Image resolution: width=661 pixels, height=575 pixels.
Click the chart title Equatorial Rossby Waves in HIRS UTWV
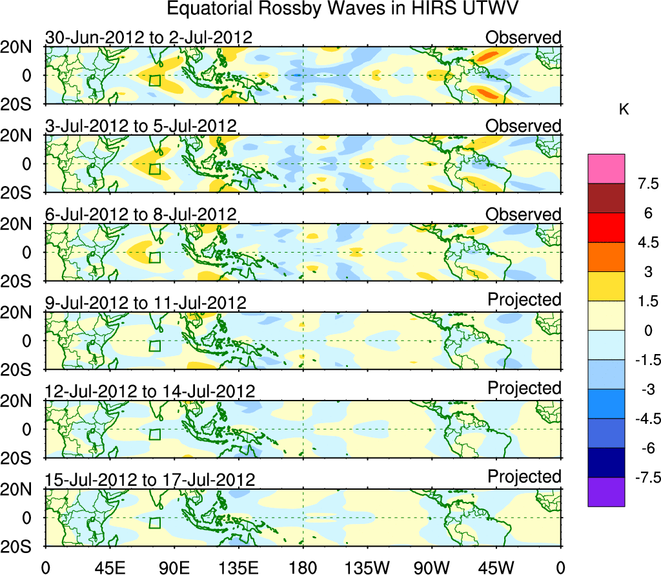click(x=343, y=9)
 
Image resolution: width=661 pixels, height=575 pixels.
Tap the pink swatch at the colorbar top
click(x=606, y=169)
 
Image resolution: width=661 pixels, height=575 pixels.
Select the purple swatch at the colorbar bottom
click(x=606, y=492)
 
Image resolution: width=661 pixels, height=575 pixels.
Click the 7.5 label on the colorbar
click(x=643, y=184)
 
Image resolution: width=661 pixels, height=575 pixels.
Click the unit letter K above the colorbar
click(x=624, y=110)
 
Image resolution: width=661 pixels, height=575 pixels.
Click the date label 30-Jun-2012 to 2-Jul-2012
click(x=148, y=37)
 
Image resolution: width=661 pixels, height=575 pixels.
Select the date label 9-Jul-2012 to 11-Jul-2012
click(x=145, y=302)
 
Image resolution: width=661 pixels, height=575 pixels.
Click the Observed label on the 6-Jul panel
click(x=524, y=214)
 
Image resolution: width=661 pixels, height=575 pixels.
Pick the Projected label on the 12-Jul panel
click(x=524, y=388)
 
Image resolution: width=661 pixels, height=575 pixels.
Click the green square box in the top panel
click(x=154, y=80)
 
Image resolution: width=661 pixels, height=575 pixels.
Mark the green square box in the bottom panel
click(x=154, y=523)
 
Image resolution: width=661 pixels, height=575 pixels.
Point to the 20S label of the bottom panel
click(x=23, y=547)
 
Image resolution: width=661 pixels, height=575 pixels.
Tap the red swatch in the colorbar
click(x=606, y=227)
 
